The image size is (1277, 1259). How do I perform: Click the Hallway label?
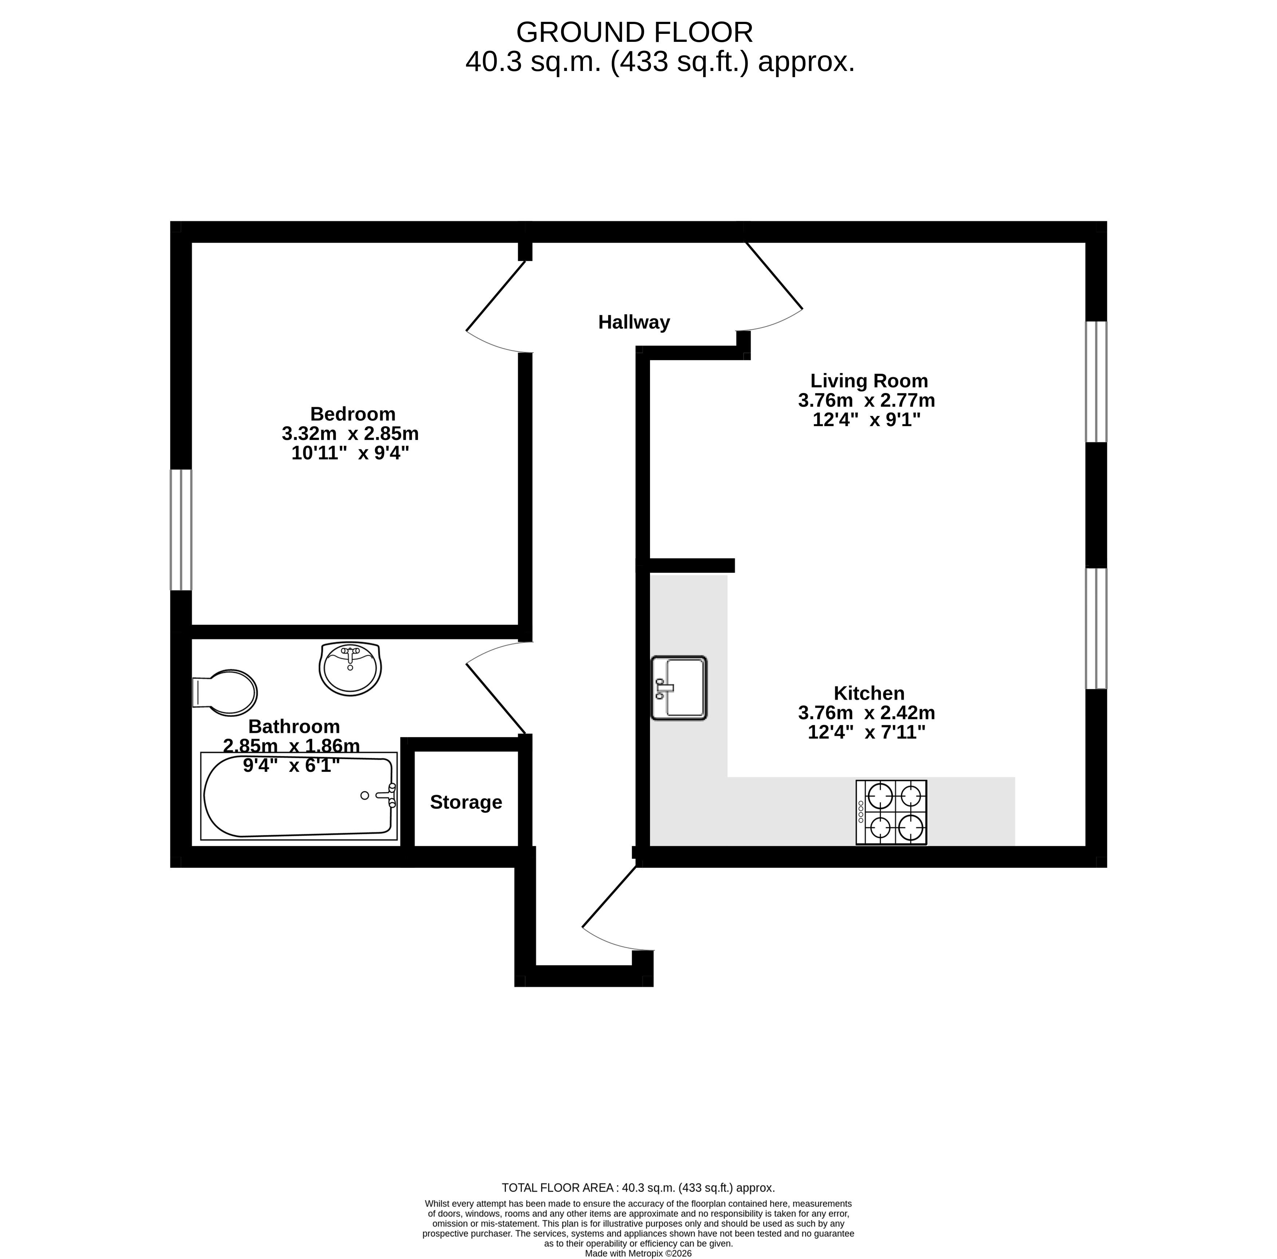[634, 322]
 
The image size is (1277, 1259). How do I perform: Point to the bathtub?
[299, 796]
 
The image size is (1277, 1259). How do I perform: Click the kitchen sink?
[679, 688]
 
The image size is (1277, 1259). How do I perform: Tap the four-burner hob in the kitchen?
[891, 813]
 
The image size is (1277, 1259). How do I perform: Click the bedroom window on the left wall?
[181, 530]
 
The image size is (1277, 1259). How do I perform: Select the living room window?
[1096, 382]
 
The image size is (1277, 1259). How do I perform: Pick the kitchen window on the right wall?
[1096, 628]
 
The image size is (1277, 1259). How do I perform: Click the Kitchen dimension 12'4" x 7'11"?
[867, 732]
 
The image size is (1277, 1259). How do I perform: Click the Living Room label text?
[869, 381]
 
